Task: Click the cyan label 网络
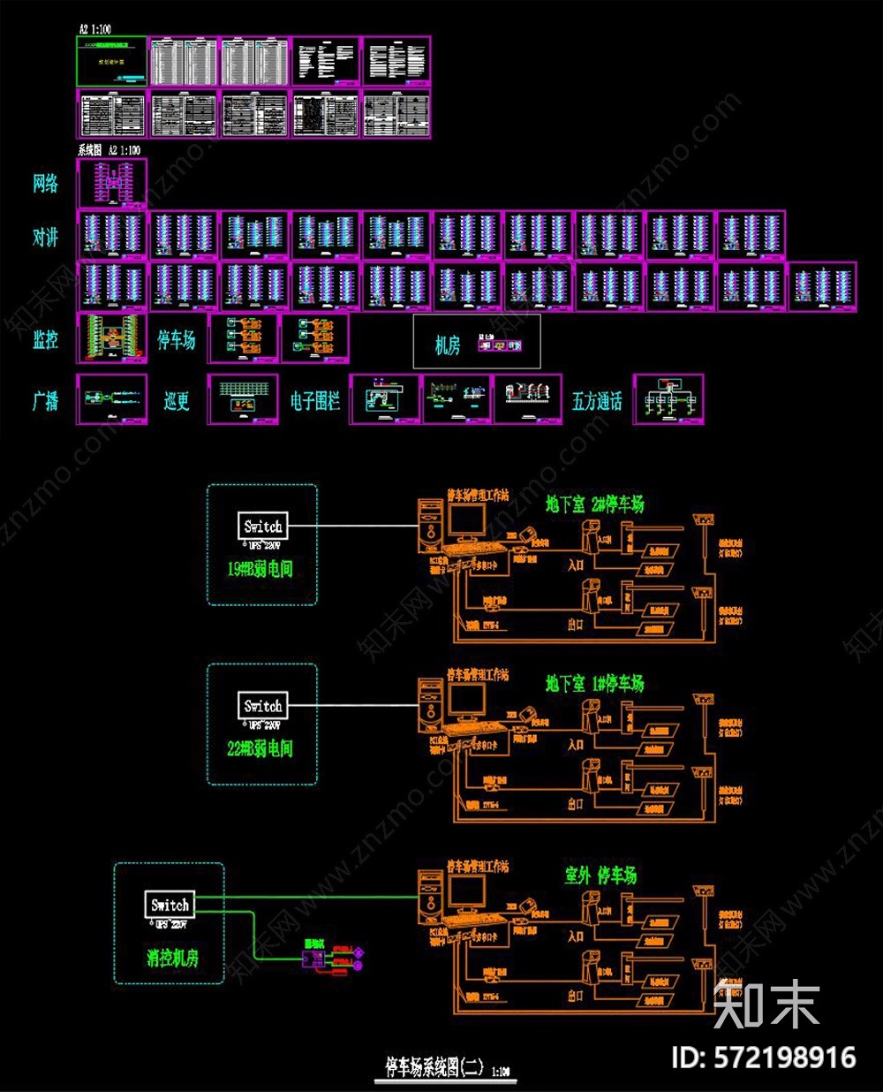[x=46, y=184]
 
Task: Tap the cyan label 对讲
[x=46, y=237]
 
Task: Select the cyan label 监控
[x=46, y=339]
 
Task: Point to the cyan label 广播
[x=46, y=401]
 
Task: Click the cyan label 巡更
[x=177, y=401]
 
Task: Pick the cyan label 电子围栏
[x=315, y=401]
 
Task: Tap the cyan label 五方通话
[x=597, y=401]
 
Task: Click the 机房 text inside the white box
[x=448, y=345]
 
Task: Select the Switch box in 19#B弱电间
[x=263, y=527]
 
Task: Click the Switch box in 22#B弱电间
[x=263, y=706]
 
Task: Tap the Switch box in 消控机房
[x=170, y=905]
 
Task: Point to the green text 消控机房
[x=172, y=958]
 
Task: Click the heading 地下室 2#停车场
[x=594, y=504]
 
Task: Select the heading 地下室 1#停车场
[x=594, y=683]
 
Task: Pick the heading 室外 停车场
[x=600, y=876]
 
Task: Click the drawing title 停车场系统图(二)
[x=434, y=1066]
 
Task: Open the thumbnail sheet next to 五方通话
[x=668, y=399]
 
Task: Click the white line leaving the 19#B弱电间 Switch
[x=353, y=527]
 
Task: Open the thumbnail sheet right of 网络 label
[x=112, y=183]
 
